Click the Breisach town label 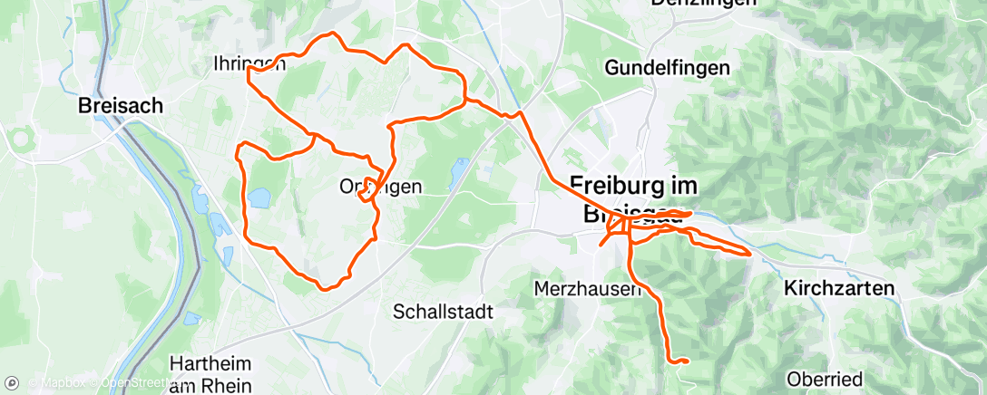(x=121, y=105)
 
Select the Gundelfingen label (x=667, y=67)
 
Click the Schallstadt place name (x=443, y=312)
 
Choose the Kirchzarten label (x=838, y=288)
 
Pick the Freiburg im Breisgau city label (x=635, y=197)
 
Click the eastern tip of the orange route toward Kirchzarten (x=749, y=254)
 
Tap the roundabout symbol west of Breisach (x=19, y=140)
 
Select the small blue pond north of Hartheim (x=192, y=318)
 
